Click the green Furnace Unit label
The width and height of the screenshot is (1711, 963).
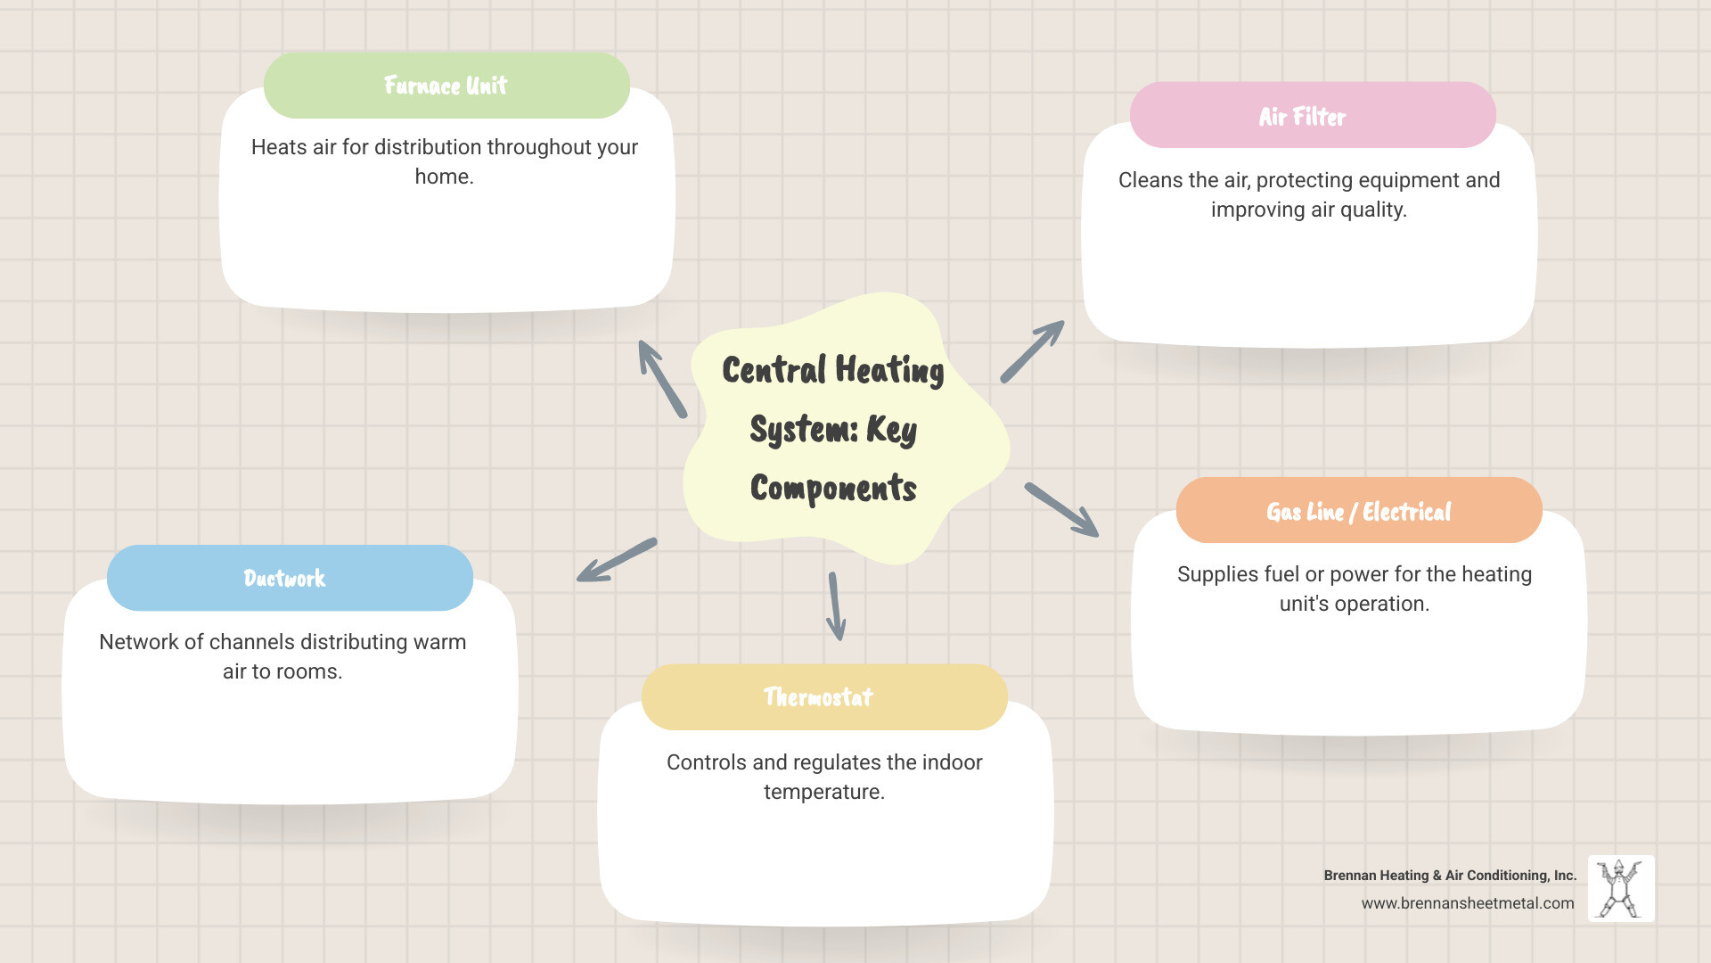click(446, 86)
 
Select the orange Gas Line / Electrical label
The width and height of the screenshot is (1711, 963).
click(1358, 511)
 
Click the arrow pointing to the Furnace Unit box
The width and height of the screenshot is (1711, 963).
click(662, 379)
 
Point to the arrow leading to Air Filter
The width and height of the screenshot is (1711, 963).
click(1032, 351)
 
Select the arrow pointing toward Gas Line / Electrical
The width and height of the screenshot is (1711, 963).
click(1061, 509)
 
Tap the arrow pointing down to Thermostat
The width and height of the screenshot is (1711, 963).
click(835, 606)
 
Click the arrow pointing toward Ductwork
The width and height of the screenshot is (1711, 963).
click(617, 560)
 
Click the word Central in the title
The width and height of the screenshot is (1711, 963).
click(774, 370)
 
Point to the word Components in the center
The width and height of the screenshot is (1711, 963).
click(833, 489)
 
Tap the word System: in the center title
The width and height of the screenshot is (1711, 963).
click(803, 430)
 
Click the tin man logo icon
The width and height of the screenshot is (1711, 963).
click(1620, 888)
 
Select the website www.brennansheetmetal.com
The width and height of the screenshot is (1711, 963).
click(1467, 903)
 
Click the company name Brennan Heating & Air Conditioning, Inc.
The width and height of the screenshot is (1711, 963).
click(1450, 876)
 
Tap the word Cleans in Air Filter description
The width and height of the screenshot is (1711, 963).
click(1150, 180)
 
